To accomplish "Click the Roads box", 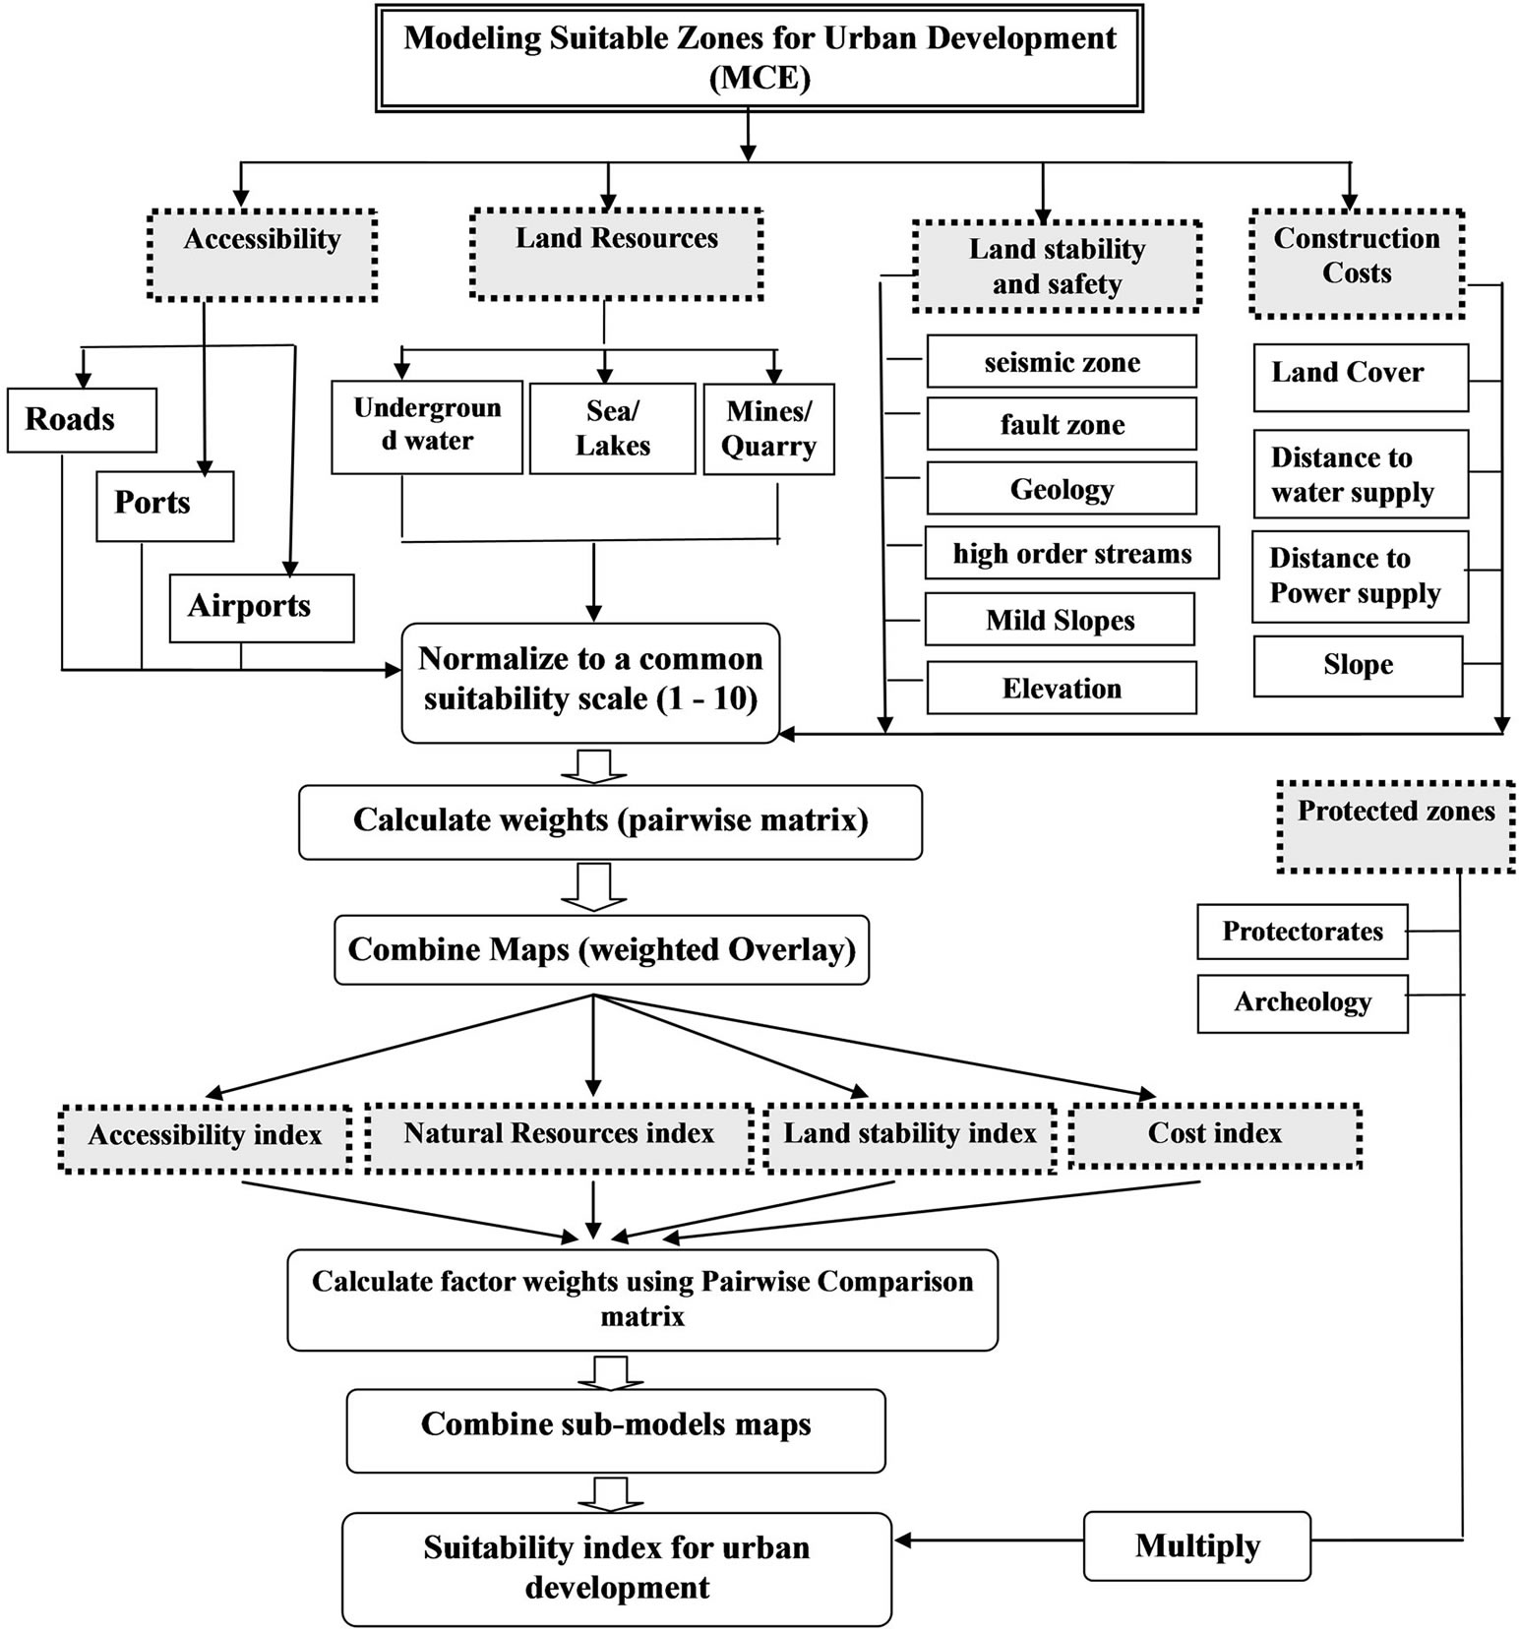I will [x=82, y=420].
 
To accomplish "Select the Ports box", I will [x=164, y=506].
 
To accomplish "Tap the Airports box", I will [x=261, y=608].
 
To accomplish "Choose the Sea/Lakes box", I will [x=612, y=429].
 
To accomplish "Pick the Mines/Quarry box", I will [x=768, y=429].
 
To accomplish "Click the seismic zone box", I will [x=1062, y=362].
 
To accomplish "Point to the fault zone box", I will [x=1062, y=424].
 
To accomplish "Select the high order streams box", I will [x=1071, y=553].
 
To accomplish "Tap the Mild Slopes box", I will [x=1060, y=620].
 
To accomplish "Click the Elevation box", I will [x=1062, y=688].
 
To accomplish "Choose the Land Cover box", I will [x=1360, y=377].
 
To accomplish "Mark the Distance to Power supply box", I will [x=1360, y=576].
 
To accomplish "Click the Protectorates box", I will [x=1302, y=932].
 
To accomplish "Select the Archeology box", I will [x=1302, y=1003].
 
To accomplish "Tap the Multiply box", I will [x=1196, y=1545].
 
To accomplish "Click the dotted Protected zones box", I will [x=1395, y=826].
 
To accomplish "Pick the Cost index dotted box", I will [x=1214, y=1135].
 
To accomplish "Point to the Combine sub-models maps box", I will [x=616, y=1429].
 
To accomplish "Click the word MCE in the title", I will [x=759, y=77].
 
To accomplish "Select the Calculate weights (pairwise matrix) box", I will [x=610, y=821].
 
